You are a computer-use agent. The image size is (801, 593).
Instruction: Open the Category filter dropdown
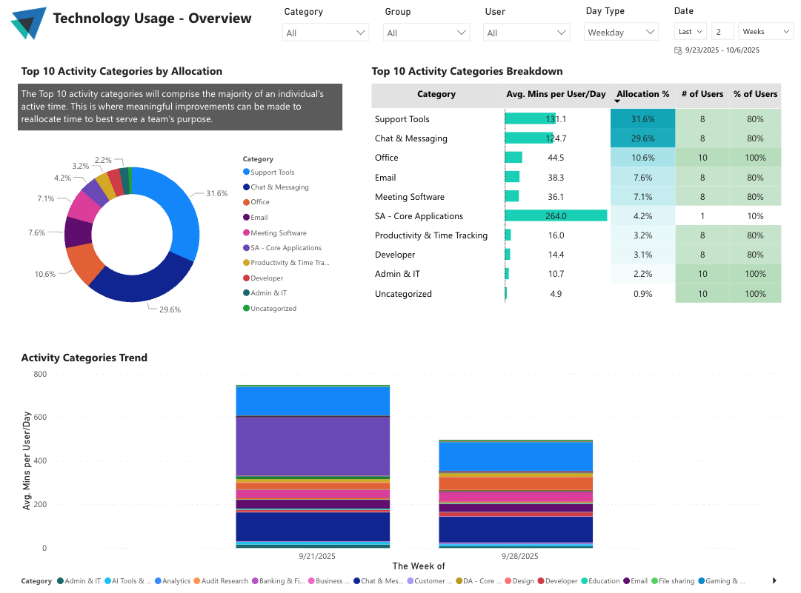tap(326, 33)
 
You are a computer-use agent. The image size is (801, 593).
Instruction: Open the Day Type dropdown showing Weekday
tap(621, 33)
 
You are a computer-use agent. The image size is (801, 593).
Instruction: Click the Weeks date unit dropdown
tap(765, 32)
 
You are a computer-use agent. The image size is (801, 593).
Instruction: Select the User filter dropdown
tap(526, 33)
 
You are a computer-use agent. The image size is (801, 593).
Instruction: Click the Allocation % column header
tap(642, 94)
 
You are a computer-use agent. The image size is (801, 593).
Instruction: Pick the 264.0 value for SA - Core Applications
tap(556, 216)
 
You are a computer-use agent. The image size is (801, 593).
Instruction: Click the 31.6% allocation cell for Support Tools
tap(642, 119)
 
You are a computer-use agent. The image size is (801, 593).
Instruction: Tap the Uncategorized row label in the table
tap(403, 294)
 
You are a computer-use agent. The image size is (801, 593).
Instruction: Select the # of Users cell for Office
tap(702, 158)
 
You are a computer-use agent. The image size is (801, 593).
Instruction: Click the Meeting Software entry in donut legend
tap(278, 232)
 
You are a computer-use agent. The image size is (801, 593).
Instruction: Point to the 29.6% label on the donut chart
tap(170, 309)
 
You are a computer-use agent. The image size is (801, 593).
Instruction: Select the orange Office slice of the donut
tap(84, 264)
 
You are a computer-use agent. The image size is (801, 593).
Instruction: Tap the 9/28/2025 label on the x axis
tap(519, 556)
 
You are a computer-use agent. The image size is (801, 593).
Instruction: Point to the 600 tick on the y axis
tap(39, 418)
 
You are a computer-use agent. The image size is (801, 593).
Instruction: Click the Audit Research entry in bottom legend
tap(224, 581)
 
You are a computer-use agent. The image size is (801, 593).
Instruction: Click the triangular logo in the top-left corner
tap(29, 22)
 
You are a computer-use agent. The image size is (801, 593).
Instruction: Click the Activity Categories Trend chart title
tap(84, 358)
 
